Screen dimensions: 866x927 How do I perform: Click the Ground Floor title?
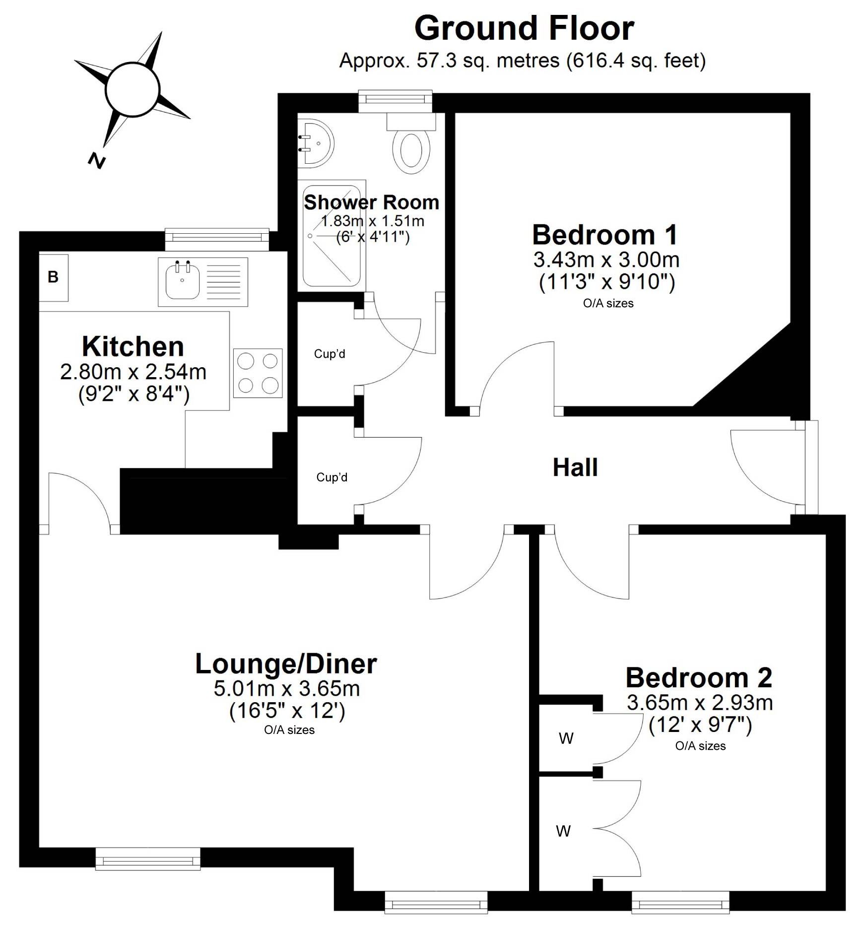(524, 29)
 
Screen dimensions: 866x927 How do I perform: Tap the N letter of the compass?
(97, 160)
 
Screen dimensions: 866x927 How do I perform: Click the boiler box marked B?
(54, 277)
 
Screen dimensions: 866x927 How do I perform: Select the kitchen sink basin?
(183, 281)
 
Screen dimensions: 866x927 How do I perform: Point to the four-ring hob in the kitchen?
(258, 373)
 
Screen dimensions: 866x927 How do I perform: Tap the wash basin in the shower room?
(316, 143)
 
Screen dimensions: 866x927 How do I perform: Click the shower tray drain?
(311, 236)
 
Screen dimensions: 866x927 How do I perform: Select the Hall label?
(575, 467)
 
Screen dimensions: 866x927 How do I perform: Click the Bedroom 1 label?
(604, 235)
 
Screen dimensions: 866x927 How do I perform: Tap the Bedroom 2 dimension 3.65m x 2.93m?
(700, 703)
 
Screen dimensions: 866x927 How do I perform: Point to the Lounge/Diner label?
(286, 664)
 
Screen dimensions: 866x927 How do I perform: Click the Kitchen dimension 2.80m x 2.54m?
(133, 372)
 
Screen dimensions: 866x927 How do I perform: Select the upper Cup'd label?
(330, 354)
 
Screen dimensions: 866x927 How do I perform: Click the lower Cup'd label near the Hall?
(332, 477)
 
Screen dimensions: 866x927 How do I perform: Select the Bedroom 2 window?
(680, 902)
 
